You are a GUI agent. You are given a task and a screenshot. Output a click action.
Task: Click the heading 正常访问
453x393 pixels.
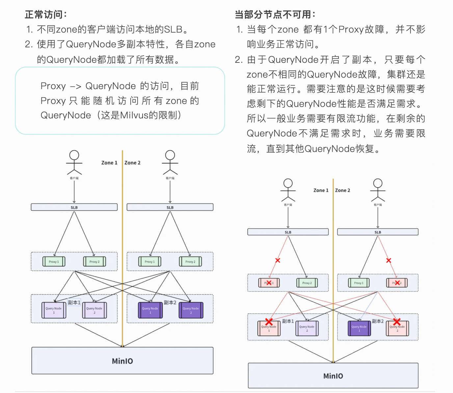point(46,15)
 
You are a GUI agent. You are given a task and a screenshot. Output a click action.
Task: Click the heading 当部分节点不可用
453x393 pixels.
point(275,15)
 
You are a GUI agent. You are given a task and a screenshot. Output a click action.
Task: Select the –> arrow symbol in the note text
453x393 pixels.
point(75,86)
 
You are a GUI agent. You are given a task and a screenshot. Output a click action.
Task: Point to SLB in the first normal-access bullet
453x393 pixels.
point(173,30)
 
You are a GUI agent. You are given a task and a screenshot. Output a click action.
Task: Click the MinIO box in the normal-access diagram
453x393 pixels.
point(122,361)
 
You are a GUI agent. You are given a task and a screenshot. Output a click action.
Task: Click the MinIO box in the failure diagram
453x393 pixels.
point(333,376)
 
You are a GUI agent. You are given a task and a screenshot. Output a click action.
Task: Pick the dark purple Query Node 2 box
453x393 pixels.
point(191,310)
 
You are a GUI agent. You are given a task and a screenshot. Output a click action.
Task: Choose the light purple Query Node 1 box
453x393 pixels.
point(54,310)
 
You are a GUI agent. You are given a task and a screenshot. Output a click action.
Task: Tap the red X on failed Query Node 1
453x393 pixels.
point(269,322)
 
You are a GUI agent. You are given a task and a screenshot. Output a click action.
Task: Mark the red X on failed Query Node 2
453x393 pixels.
point(397,322)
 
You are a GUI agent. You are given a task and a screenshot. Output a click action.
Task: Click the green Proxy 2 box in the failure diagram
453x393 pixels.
point(307,283)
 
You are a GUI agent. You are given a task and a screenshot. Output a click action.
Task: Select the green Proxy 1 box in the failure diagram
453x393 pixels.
point(359,283)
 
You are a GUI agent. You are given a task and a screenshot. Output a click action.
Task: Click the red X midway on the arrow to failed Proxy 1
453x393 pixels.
point(278,260)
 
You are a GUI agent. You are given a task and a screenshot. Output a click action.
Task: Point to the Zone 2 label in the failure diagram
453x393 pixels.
point(343,190)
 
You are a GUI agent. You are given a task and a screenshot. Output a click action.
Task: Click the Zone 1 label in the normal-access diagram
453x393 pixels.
point(109,163)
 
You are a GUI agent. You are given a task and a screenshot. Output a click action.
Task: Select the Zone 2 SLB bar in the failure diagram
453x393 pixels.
point(378,232)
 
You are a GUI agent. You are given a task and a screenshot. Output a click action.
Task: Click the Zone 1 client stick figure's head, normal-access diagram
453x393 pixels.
point(74,155)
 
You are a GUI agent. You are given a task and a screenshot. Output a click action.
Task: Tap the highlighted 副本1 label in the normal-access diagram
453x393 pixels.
point(74,303)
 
